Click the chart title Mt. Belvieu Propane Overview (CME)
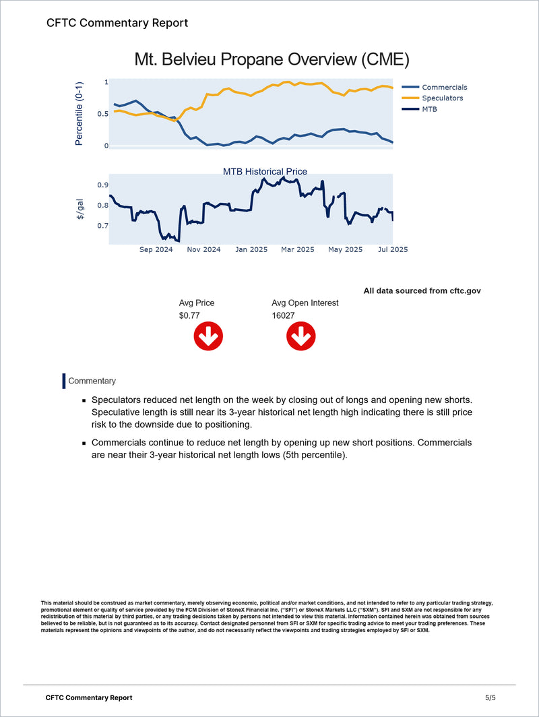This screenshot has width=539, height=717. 272,59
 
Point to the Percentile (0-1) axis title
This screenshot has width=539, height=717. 80,113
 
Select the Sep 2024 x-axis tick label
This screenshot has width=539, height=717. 156,249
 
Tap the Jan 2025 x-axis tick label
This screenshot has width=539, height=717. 251,249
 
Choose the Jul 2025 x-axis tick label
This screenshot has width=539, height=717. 392,249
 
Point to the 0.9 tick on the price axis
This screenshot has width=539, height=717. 102,185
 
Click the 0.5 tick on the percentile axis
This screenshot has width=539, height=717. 102,114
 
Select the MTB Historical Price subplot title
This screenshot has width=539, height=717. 265,172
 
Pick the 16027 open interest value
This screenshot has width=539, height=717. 283,315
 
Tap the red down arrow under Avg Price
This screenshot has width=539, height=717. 208,336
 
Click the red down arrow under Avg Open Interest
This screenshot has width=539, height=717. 300,336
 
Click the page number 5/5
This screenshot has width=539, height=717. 490,697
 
